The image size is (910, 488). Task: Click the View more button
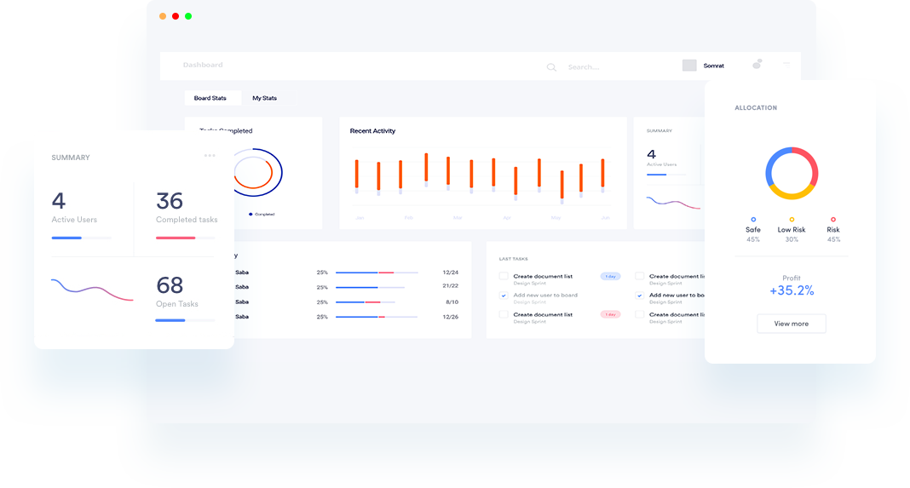click(791, 324)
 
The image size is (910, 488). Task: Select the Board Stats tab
click(210, 98)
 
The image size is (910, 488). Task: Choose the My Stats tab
click(264, 98)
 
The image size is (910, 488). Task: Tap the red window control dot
click(176, 16)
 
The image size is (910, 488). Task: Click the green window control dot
click(188, 16)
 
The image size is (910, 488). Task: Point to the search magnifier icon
click(551, 67)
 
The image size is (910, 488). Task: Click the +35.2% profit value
click(792, 291)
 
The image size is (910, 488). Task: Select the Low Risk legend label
click(792, 230)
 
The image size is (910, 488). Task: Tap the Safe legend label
click(753, 230)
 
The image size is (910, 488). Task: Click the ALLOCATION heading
click(756, 108)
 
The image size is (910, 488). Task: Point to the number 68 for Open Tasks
click(170, 284)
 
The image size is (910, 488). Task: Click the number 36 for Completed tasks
click(170, 201)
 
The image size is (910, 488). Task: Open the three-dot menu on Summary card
click(210, 156)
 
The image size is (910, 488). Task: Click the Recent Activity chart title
click(372, 131)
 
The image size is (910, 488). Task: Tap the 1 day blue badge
click(610, 277)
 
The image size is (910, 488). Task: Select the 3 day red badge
click(610, 314)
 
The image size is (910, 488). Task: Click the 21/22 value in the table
click(451, 286)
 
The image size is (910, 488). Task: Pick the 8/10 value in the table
click(452, 301)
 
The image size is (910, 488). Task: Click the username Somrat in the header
click(713, 66)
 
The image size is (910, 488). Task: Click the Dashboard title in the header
click(203, 65)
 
